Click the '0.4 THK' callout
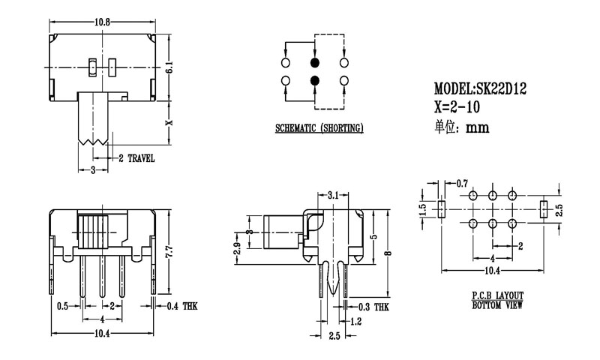pos(183,305)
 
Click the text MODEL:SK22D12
pos(480,88)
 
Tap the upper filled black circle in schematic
pos(314,61)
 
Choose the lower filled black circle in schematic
pos(314,80)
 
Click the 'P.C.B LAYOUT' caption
pos(497,295)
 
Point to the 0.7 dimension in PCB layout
pos(462,183)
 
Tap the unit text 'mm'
pos(478,127)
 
